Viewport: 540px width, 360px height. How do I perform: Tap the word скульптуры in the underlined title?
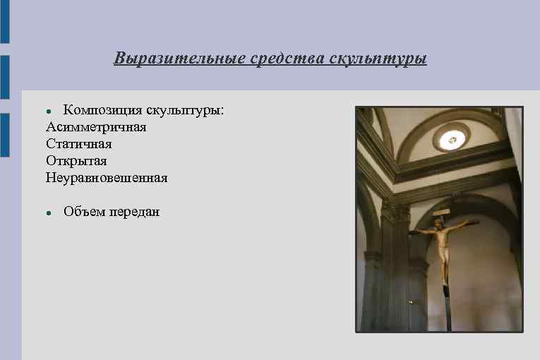pyautogui.click(x=378, y=58)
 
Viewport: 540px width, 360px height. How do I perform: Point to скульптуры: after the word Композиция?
pyautogui.click(x=186, y=110)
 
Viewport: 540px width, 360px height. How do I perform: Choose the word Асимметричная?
pyautogui.click(x=96, y=127)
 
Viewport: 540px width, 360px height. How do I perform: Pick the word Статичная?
pyautogui.click(x=79, y=144)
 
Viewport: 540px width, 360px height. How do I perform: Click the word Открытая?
pyautogui.click(x=76, y=161)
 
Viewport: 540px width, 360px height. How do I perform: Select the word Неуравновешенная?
pyautogui.click(x=107, y=178)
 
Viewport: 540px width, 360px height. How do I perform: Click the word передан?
pyautogui.click(x=134, y=212)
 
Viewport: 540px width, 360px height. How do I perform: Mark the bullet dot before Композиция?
pyautogui.click(x=49, y=112)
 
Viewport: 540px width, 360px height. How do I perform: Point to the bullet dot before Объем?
pyautogui.click(x=49, y=212)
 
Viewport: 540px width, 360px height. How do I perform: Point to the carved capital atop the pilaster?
pyautogui.click(x=395, y=212)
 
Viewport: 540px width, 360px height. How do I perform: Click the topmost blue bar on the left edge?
pyautogui.click(x=4, y=21)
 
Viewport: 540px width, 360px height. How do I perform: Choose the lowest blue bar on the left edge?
pyautogui.click(x=4, y=134)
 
